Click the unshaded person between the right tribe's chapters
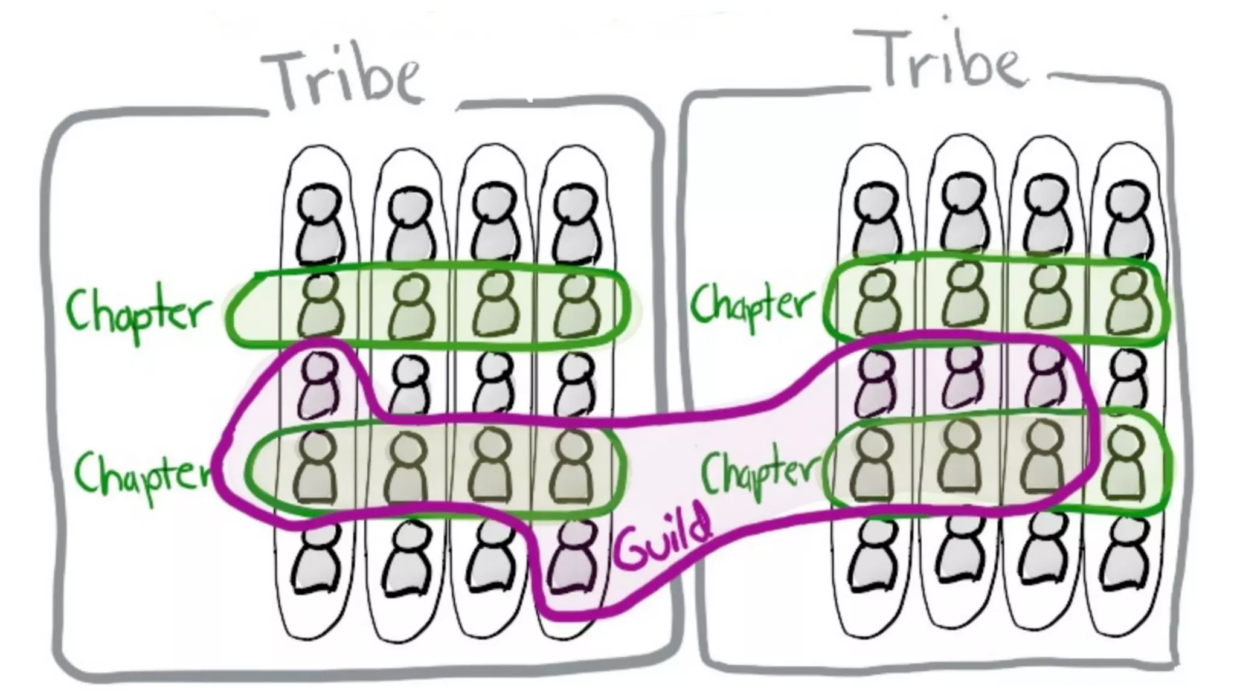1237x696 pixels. pyautogui.click(x=1127, y=381)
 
